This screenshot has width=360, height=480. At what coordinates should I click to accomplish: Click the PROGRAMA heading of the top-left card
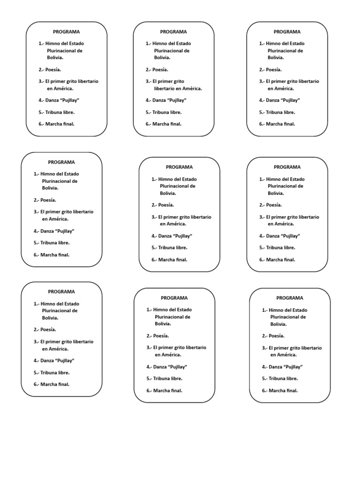(x=67, y=32)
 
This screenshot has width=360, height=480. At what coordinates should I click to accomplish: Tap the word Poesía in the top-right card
(x=274, y=69)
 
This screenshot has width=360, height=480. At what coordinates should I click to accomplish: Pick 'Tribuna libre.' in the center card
(x=172, y=247)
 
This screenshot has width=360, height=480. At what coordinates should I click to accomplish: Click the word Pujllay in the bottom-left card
(x=65, y=360)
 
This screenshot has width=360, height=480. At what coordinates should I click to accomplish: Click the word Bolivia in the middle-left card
(x=50, y=187)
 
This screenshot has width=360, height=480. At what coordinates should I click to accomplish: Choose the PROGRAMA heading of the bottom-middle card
(x=174, y=298)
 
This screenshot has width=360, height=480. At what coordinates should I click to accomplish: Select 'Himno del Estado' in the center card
(x=177, y=179)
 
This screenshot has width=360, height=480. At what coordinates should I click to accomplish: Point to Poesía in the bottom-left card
(x=48, y=330)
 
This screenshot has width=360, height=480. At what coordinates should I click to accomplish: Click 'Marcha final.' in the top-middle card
(x=167, y=124)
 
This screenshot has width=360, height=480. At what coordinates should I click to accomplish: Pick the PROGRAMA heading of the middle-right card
(x=287, y=167)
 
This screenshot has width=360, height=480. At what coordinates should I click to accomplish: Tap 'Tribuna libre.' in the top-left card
(x=60, y=112)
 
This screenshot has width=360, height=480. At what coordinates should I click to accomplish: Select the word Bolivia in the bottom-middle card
(x=163, y=323)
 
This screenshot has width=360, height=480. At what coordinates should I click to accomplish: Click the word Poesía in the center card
(x=166, y=205)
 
